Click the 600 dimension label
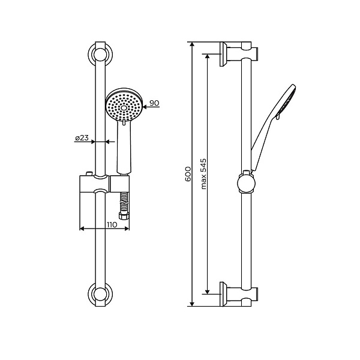[187, 174]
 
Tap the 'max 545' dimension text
[204, 174]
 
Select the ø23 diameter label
[82, 139]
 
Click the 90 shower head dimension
[154, 103]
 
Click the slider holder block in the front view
[96, 184]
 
